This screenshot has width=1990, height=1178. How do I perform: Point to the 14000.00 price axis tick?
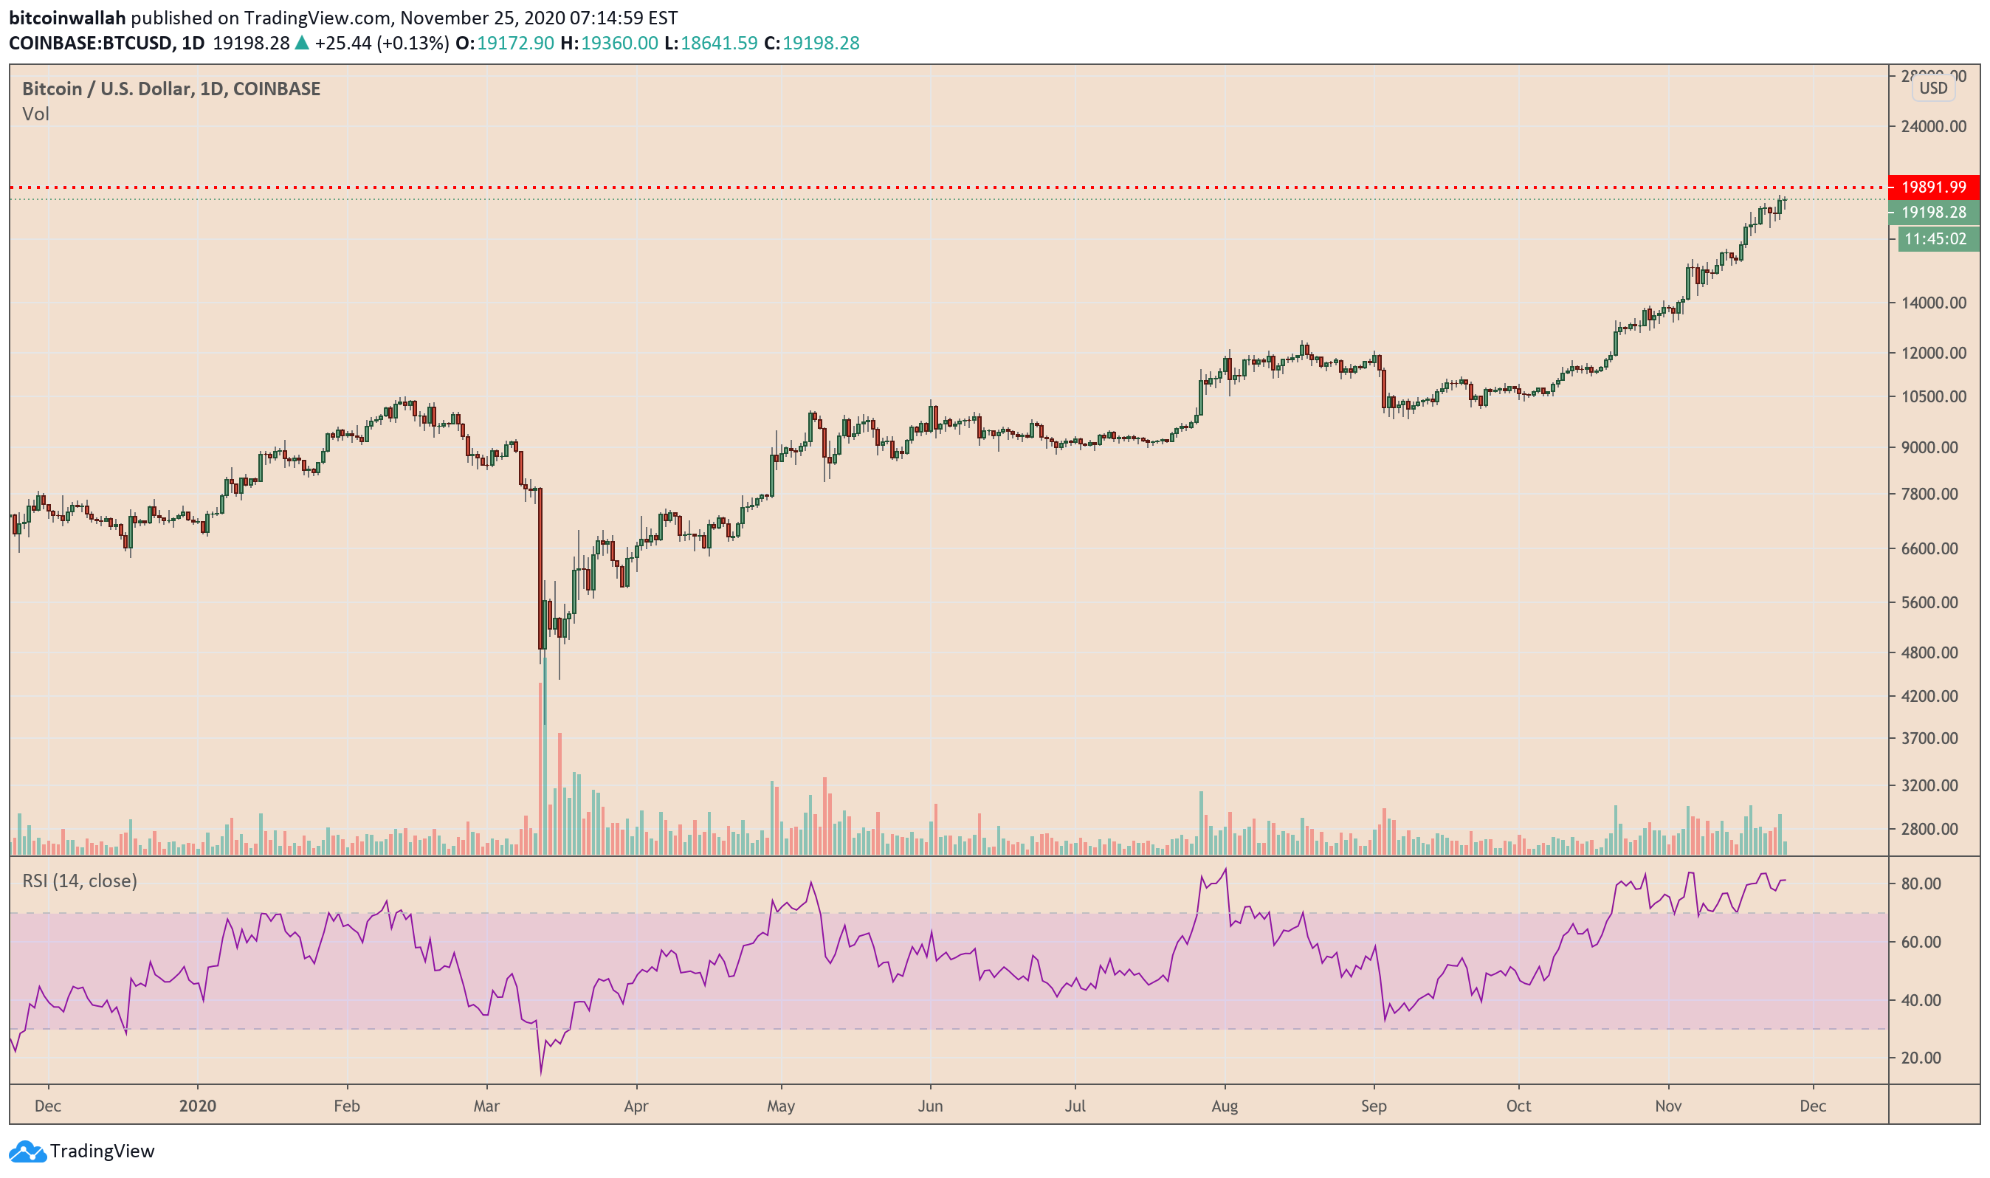point(1933,303)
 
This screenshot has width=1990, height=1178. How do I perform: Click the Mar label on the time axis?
point(486,1106)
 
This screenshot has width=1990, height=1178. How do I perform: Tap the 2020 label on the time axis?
point(198,1106)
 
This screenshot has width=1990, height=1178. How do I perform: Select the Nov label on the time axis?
point(1667,1106)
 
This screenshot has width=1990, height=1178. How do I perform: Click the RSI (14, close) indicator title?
point(80,881)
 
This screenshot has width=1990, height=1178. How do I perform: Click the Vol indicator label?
point(35,114)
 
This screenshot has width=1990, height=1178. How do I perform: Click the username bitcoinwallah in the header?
point(67,18)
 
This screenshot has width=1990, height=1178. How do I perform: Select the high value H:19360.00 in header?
point(609,43)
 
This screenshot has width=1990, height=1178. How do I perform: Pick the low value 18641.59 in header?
point(718,43)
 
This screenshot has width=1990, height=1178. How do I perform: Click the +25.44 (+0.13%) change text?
point(382,43)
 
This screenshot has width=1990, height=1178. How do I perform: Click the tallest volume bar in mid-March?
point(545,754)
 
